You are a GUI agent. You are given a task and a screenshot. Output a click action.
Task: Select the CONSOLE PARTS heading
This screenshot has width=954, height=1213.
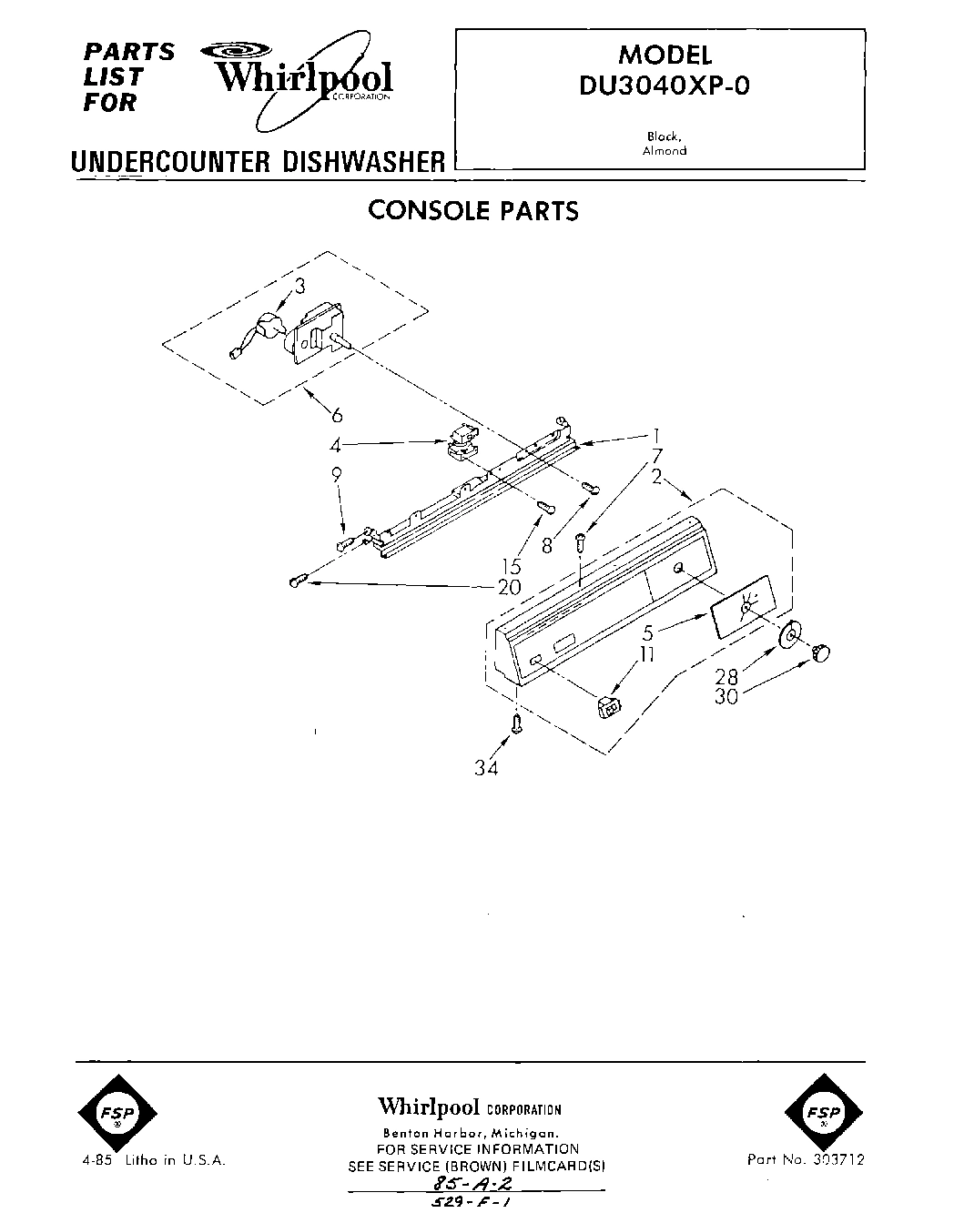472,210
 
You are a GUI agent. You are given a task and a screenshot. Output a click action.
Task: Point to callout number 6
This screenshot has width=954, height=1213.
337,415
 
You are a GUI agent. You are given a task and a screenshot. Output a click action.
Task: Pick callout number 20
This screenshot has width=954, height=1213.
509,587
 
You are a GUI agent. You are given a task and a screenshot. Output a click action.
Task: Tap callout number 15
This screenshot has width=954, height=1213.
512,569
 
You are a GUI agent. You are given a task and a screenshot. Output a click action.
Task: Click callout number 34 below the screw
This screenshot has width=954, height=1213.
486,768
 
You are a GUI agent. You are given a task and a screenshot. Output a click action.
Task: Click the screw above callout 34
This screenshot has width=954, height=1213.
517,725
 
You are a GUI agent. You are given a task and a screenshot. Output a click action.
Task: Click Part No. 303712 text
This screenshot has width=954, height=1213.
805,1159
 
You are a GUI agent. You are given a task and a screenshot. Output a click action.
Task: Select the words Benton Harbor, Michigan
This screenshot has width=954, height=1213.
469,1134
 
